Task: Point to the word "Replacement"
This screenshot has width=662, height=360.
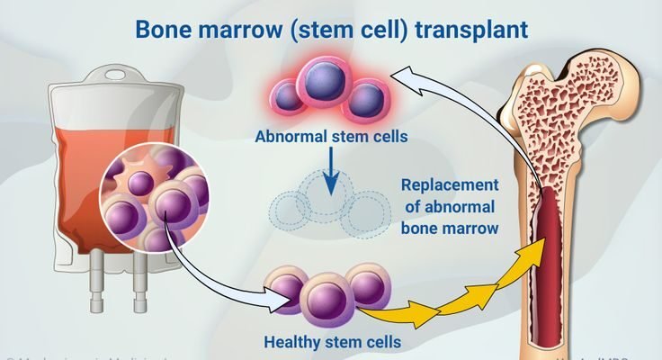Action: (x=451, y=184)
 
